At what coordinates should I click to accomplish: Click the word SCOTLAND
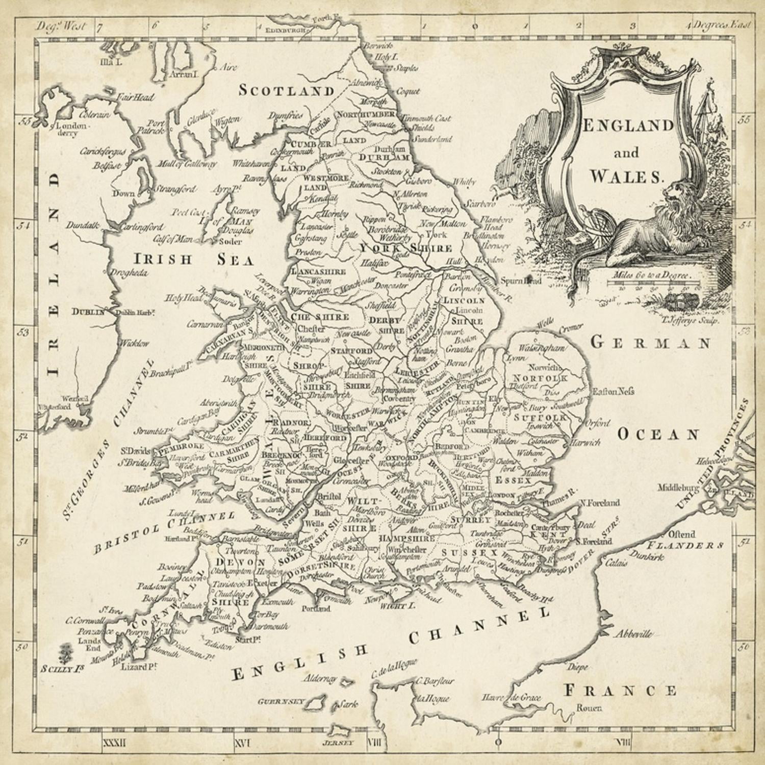tap(287, 91)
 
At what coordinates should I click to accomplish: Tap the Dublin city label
tap(88, 312)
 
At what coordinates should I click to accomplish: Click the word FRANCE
tap(620, 691)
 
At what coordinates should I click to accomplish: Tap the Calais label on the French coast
tap(617, 564)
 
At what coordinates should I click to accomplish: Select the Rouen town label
tap(589, 708)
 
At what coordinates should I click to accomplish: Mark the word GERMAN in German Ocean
tap(650, 343)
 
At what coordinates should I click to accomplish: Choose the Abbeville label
tap(632, 634)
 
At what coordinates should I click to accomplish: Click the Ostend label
tap(682, 534)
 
